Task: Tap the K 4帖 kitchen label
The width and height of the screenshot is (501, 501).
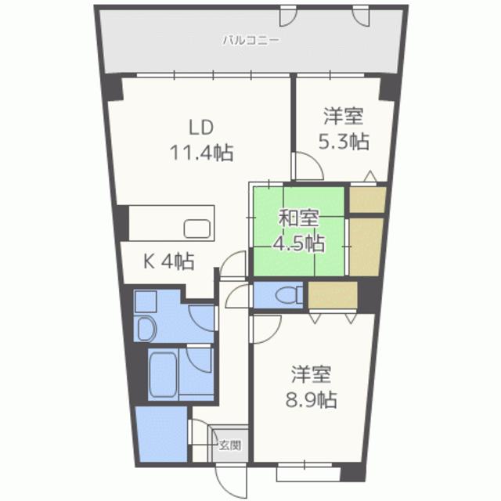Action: [168, 261]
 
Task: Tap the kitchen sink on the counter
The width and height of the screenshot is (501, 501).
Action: [196, 229]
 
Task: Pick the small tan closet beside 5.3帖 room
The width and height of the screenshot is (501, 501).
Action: [366, 200]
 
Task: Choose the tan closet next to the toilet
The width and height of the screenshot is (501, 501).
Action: [332, 295]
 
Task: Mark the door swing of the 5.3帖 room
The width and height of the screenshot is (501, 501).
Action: [306, 166]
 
